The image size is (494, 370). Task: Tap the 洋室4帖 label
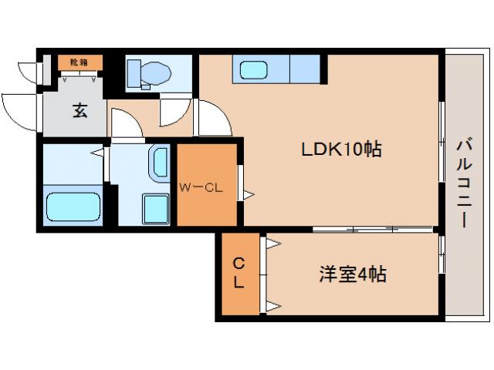353,274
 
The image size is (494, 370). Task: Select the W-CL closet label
201,186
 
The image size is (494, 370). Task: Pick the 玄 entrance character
80,110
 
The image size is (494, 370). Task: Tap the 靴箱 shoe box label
79,62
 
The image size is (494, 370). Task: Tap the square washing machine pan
156,208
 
